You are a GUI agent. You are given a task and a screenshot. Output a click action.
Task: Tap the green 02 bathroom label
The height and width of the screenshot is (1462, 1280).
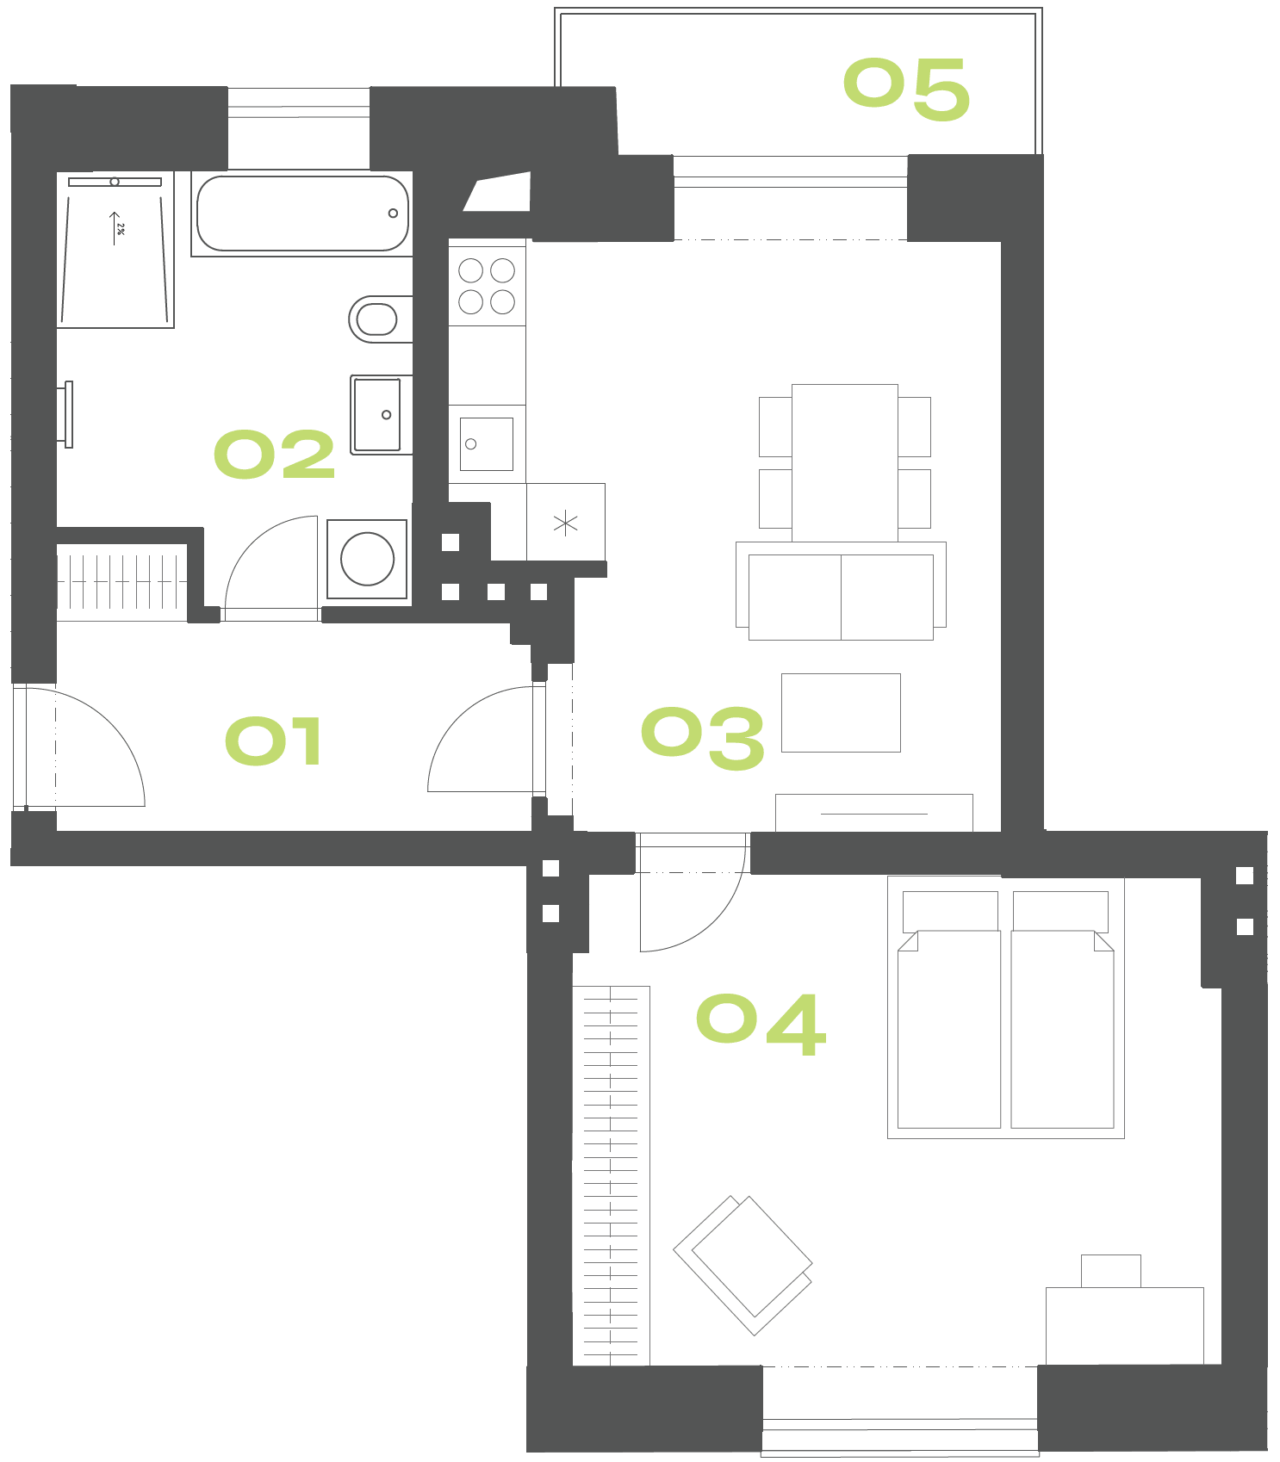click(274, 454)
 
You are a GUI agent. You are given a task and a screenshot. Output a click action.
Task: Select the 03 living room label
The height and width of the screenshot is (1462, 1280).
click(703, 738)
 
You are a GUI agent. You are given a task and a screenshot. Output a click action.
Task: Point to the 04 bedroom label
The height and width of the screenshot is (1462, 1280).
click(761, 1024)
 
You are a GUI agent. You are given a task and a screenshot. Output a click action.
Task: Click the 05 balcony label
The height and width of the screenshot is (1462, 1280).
click(907, 89)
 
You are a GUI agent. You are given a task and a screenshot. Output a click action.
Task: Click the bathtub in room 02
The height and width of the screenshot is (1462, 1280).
click(302, 214)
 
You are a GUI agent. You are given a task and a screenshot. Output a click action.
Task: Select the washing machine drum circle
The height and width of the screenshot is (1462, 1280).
click(367, 559)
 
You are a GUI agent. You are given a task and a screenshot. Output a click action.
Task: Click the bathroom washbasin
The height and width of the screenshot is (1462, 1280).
click(380, 414)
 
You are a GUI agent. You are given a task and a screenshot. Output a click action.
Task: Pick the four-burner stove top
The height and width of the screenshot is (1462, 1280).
click(487, 286)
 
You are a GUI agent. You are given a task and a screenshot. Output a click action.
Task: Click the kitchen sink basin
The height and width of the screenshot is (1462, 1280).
click(487, 444)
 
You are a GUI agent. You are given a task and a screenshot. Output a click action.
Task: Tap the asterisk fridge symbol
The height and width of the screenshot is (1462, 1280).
click(565, 523)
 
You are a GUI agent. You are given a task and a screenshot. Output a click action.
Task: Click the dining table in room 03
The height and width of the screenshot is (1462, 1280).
click(845, 463)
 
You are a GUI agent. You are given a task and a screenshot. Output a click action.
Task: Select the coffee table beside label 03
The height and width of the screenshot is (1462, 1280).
click(841, 713)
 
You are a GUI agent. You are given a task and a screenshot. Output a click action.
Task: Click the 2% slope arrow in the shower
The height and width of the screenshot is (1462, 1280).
click(115, 228)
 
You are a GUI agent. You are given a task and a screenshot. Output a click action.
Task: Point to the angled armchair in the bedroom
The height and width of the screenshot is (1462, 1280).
click(743, 1265)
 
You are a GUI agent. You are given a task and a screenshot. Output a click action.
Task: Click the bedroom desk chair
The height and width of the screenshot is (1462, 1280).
click(1111, 1271)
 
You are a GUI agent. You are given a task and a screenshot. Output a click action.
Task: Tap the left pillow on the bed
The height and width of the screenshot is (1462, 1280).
click(950, 912)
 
